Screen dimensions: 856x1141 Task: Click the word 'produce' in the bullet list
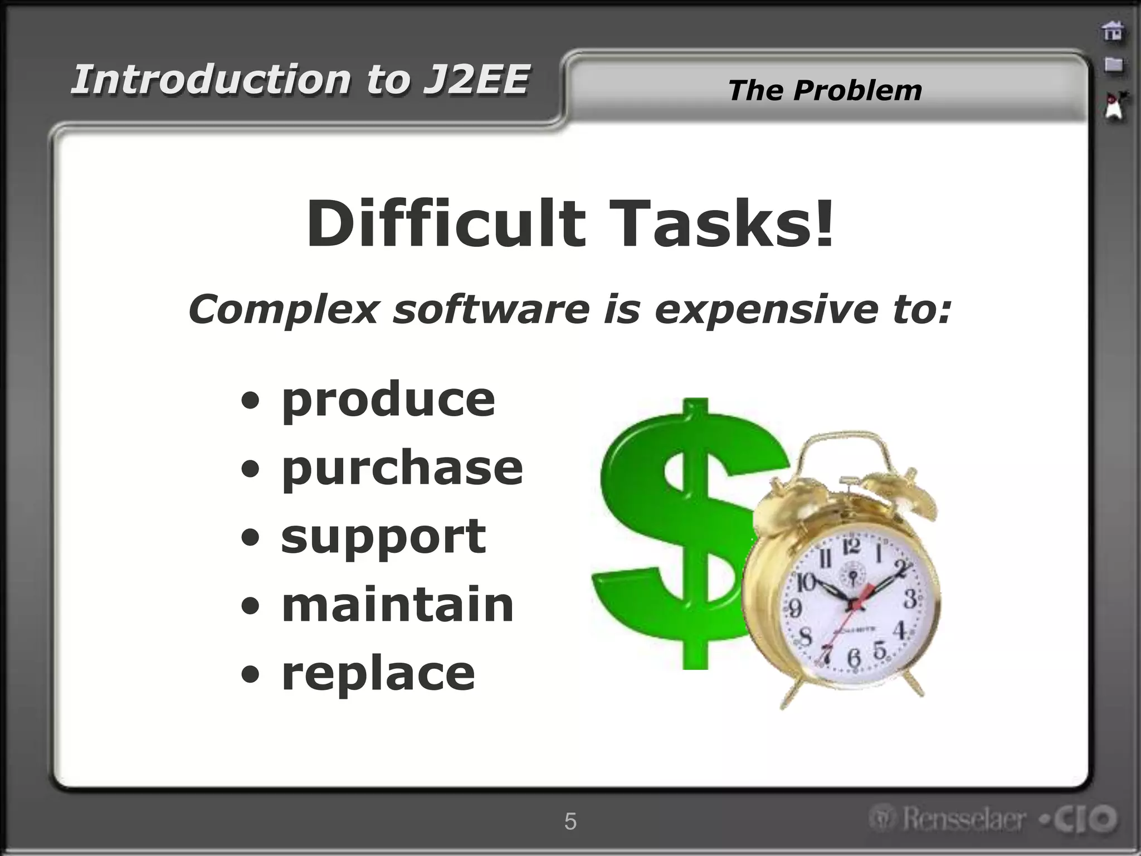pyautogui.click(x=388, y=400)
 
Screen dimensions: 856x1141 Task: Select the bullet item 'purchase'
pyautogui.click(x=402, y=469)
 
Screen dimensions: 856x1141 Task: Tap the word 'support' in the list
pyautogui.click(x=383, y=537)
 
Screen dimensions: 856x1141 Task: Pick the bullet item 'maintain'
pyautogui.click(x=398, y=606)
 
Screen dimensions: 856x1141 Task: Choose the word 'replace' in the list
pyautogui.click(x=378, y=674)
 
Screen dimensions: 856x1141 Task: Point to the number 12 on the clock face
pyautogui.click(x=851, y=547)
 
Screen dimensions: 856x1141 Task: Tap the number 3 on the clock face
pyautogui.click(x=910, y=599)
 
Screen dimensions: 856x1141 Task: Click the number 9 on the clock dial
pyautogui.click(x=796, y=607)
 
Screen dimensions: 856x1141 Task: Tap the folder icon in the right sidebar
pyautogui.click(x=1113, y=65)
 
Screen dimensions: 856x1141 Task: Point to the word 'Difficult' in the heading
pyautogui.click(x=446, y=224)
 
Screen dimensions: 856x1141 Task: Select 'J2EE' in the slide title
pyautogui.click(x=475, y=79)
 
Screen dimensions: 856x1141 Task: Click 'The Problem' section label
pyautogui.click(x=825, y=90)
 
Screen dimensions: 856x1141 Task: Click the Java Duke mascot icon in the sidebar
pyautogui.click(x=1114, y=106)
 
